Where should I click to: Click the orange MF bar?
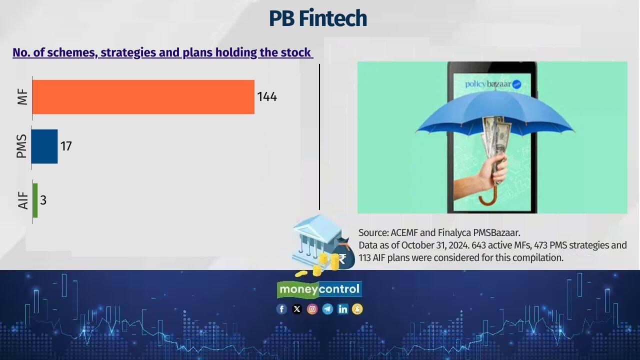143,97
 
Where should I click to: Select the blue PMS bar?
44,146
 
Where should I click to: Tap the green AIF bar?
35,200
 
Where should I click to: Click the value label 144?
267,97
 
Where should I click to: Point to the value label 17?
66,146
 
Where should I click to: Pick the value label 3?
43,200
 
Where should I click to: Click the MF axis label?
22,96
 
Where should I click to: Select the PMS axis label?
21,146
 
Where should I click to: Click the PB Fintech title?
318,18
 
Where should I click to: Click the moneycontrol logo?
319,289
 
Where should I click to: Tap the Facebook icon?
281,309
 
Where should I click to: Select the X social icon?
297,309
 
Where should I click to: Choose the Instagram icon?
312,309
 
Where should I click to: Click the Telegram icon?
327,309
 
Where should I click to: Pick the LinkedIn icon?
342,309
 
